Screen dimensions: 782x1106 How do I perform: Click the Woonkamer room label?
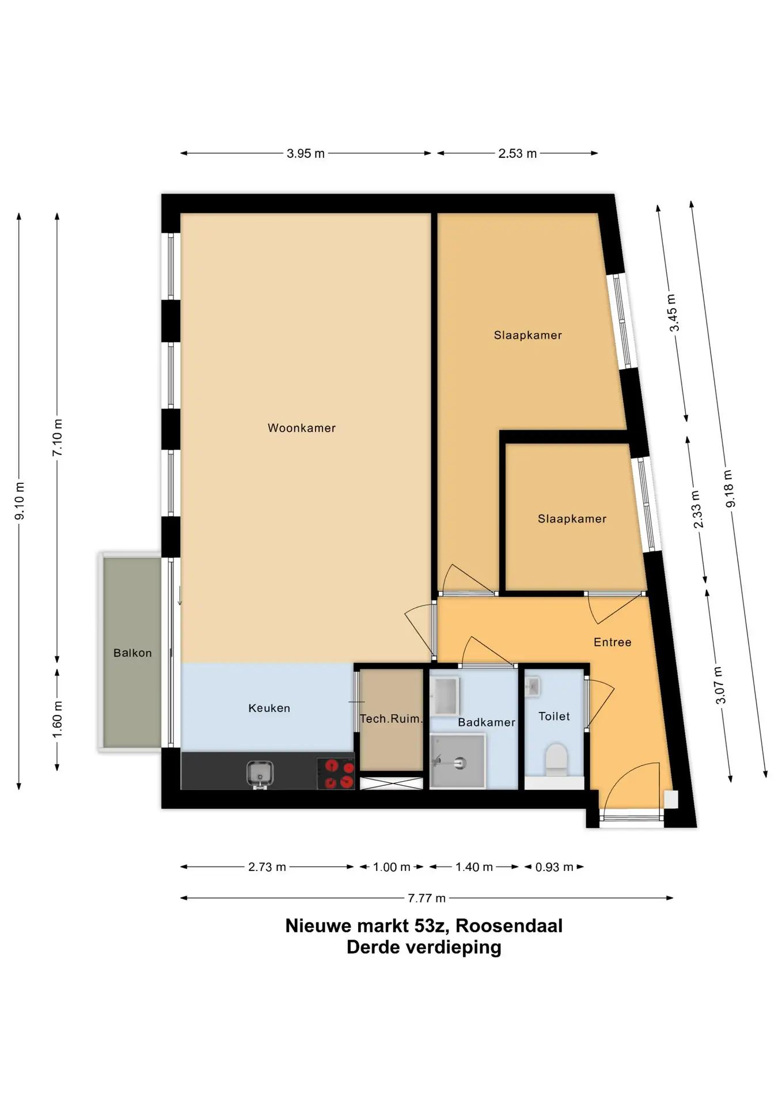click(x=301, y=428)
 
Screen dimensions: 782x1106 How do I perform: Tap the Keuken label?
click(x=269, y=708)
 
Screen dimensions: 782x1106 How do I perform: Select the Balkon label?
click(x=132, y=653)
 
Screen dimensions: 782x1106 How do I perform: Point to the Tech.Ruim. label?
click(x=391, y=718)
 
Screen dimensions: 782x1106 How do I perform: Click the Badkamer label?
click(x=487, y=722)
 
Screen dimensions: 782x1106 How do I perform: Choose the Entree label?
click(x=613, y=642)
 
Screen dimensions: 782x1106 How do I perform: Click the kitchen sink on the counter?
click(x=260, y=774)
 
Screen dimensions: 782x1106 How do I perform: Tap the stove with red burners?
click(x=336, y=773)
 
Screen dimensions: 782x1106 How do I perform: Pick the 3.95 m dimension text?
click(x=306, y=154)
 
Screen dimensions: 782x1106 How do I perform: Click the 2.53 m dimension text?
click(x=518, y=154)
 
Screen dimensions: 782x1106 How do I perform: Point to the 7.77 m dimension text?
click(x=427, y=898)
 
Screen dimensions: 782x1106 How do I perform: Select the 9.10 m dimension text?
click(x=20, y=501)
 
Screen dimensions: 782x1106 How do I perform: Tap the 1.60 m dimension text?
click(x=58, y=719)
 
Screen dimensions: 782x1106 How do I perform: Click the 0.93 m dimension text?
click(x=555, y=867)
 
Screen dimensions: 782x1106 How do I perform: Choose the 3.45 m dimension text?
click(x=673, y=313)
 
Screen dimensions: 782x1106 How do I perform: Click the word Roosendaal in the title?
click(x=509, y=926)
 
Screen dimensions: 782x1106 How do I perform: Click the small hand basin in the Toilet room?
click(x=532, y=686)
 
